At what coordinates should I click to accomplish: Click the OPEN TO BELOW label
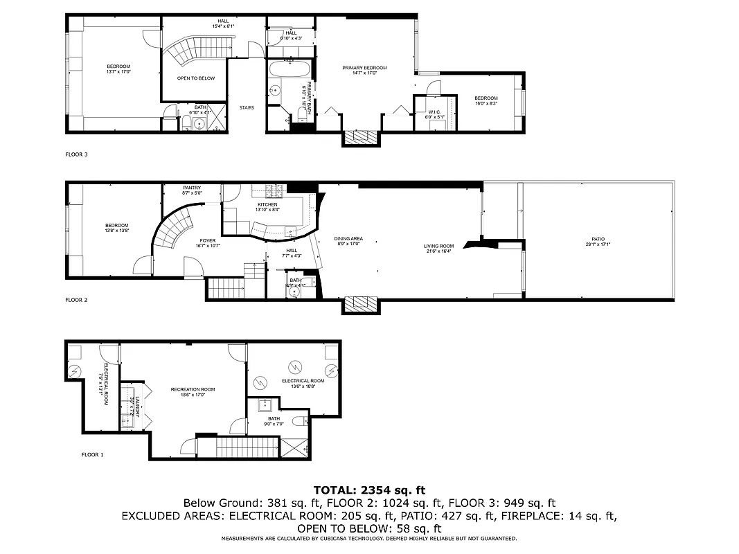click(196, 78)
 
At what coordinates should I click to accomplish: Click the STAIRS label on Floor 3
click(247, 107)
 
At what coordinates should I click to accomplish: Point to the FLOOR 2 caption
click(76, 300)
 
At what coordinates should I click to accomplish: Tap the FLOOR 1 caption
click(92, 455)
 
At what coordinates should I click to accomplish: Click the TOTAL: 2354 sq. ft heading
click(368, 490)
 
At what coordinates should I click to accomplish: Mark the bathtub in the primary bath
click(290, 70)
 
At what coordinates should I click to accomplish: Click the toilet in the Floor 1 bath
click(298, 420)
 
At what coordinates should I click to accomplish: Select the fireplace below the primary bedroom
click(362, 137)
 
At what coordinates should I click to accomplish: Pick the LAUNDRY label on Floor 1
click(137, 406)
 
